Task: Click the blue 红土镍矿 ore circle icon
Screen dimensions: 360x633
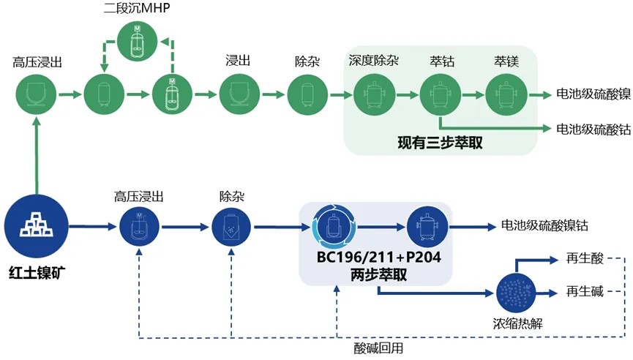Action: (36, 217)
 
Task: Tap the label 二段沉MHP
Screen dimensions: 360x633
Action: (136, 9)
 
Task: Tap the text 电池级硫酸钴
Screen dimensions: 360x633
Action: (593, 129)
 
